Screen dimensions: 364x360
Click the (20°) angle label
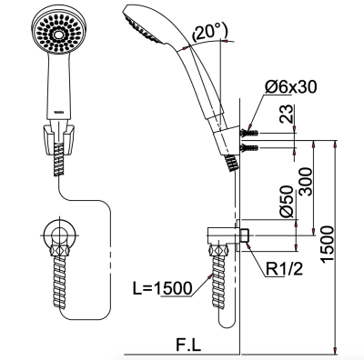209,33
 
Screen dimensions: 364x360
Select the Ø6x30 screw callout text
290,87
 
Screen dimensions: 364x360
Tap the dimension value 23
287,114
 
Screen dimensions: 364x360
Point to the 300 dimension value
305,182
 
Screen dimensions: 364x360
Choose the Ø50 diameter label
287,202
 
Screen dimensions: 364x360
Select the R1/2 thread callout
284,269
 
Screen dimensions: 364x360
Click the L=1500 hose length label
163,288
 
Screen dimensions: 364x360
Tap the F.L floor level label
188,345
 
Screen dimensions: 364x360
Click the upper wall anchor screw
249,133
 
